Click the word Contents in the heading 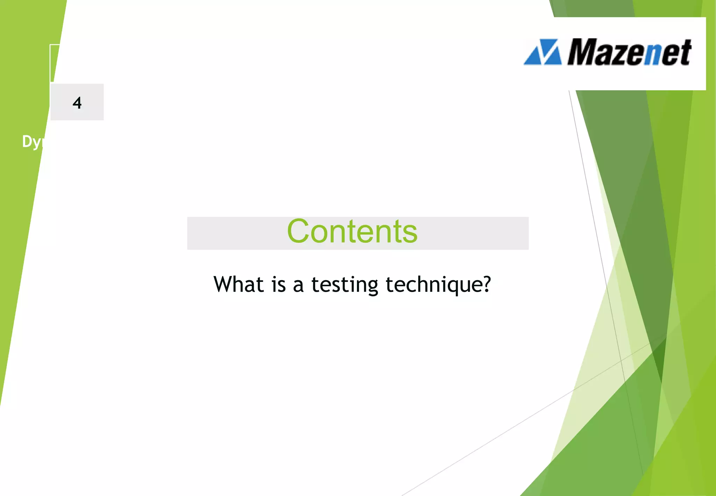[x=352, y=231]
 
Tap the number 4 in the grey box [x=77, y=103]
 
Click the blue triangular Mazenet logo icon [x=543, y=52]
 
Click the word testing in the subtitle [x=345, y=285]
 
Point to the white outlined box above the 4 [x=55, y=63]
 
